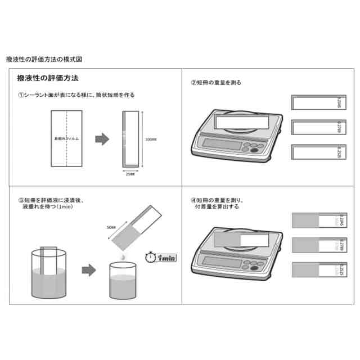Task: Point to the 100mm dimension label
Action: coord(151,139)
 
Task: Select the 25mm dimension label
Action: coord(130,173)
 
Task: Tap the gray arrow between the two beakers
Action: coord(88,270)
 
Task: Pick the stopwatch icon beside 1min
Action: coord(150,256)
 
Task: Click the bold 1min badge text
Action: coord(167,258)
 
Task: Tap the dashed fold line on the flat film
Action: coord(67,139)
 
